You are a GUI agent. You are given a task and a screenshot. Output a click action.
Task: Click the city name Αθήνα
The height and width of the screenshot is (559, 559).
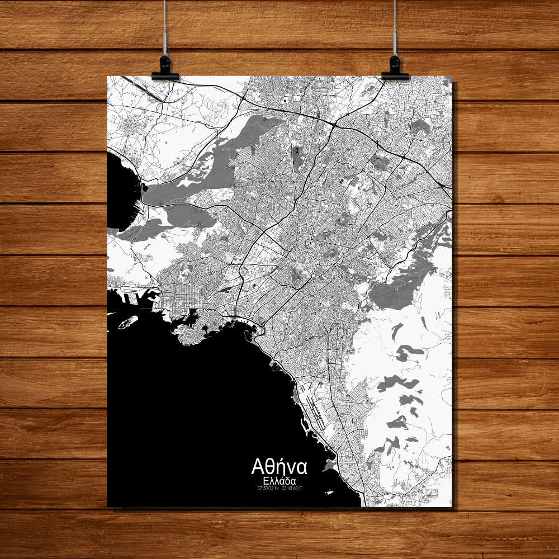[279, 466]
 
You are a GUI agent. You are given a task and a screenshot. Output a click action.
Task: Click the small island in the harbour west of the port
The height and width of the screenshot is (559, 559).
[127, 321]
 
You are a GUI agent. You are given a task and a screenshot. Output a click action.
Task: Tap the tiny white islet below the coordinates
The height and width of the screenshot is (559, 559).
[329, 492]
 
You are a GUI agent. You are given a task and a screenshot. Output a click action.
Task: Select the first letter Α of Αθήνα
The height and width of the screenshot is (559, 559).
[258, 466]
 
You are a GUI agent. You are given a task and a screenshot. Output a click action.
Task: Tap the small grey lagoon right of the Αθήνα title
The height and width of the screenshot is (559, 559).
[329, 464]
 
